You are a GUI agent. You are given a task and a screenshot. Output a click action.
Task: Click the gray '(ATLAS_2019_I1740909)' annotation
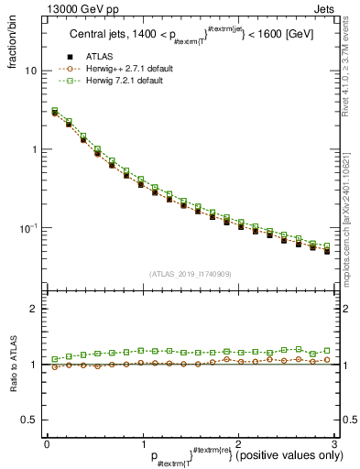coord(190,274)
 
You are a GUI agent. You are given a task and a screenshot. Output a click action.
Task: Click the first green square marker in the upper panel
coord(54,111)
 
